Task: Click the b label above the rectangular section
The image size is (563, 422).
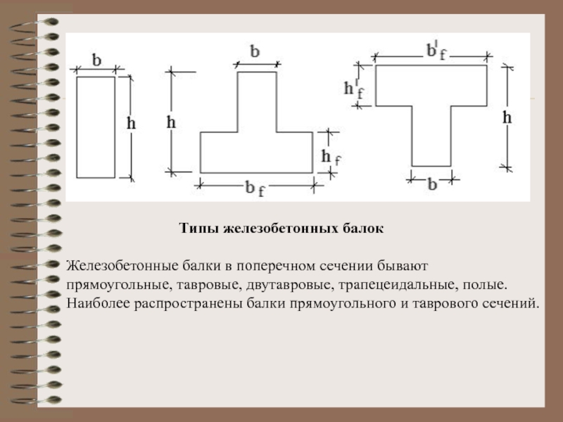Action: [96, 60]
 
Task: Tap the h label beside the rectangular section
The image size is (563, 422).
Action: [131, 123]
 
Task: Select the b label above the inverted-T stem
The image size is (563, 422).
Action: [255, 51]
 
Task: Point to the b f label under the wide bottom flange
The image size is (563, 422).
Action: [255, 188]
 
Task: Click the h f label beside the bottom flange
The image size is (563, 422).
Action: [331, 158]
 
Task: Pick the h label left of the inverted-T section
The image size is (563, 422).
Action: [171, 122]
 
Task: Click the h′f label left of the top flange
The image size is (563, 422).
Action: [354, 89]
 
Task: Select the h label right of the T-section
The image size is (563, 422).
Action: [507, 117]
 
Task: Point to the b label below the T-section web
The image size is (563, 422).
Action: [432, 184]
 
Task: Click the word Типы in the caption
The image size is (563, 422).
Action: [199, 228]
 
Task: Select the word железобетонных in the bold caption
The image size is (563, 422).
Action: [280, 228]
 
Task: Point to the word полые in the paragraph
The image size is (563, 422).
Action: [485, 285]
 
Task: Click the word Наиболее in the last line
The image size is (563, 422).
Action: [98, 303]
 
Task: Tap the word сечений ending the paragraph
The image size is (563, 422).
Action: [510, 304]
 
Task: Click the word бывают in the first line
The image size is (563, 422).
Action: [403, 266]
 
